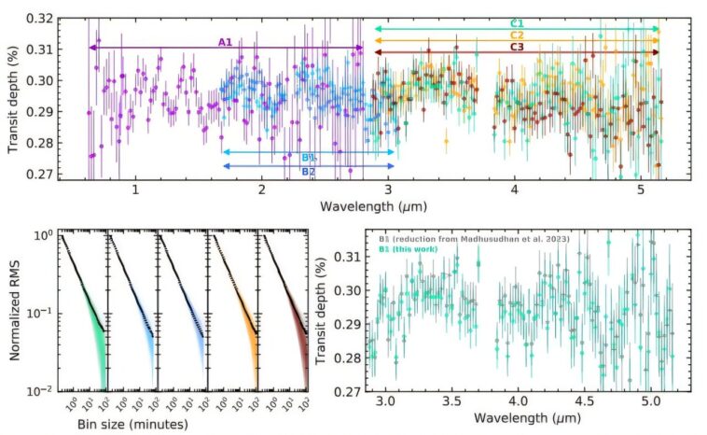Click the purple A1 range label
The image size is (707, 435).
coord(225,41)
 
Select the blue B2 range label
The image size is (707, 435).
coord(308,172)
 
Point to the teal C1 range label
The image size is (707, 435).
coord(516,22)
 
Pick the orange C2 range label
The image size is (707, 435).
coord(516,34)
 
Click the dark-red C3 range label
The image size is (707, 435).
coord(516,46)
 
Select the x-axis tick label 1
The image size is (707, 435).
coord(136,189)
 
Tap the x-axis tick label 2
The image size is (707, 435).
coord(262,189)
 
